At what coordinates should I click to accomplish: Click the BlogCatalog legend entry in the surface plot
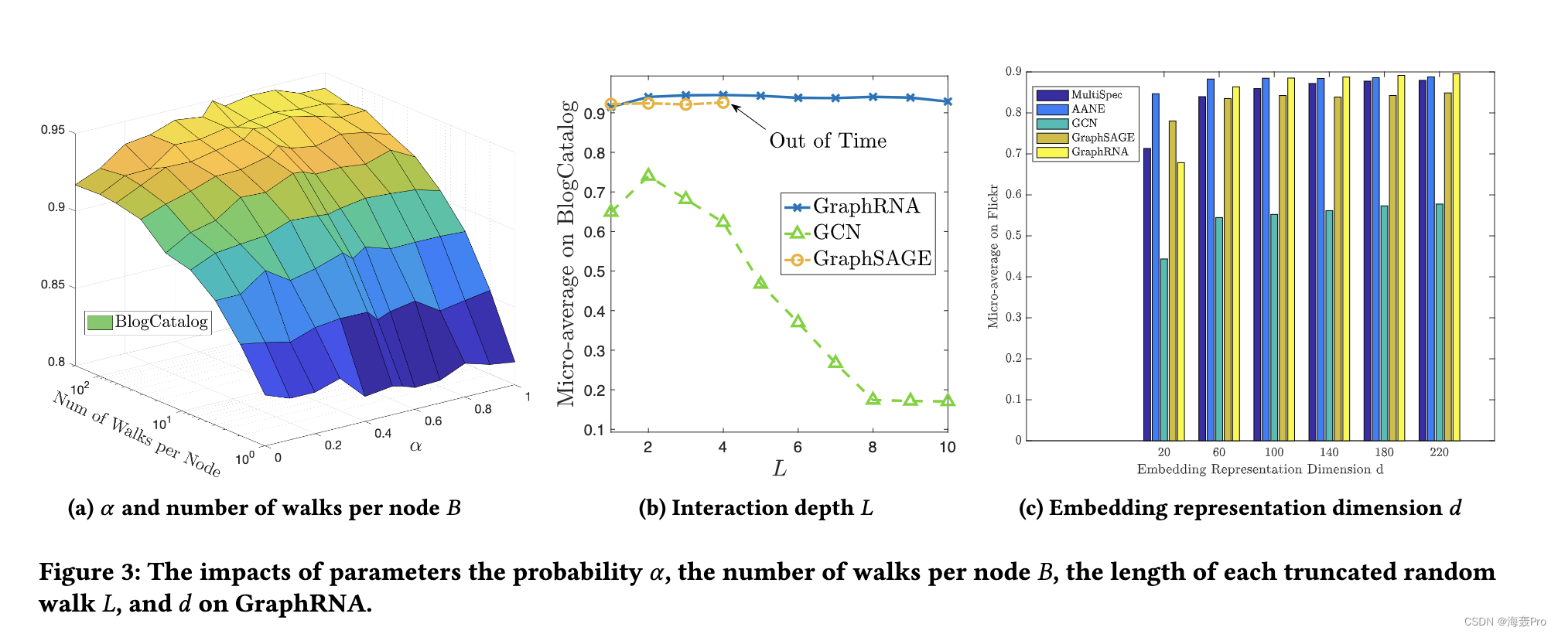click(x=147, y=322)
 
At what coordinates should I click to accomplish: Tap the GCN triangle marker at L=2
click(x=648, y=176)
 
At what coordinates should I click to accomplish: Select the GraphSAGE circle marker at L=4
click(x=723, y=102)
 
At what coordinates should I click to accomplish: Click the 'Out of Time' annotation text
click(x=828, y=141)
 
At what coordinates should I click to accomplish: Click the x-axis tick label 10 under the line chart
click(x=947, y=448)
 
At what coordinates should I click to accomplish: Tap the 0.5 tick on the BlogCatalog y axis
click(x=594, y=271)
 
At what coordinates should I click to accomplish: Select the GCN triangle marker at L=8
click(x=873, y=398)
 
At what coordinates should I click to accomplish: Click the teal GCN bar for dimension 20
click(x=1163, y=349)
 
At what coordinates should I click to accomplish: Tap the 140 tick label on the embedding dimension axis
click(x=1329, y=452)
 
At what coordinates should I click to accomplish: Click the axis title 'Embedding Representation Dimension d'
click(x=1259, y=469)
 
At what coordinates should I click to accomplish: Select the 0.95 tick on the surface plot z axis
click(x=53, y=130)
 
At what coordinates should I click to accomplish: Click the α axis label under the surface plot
click(x=415, y=446)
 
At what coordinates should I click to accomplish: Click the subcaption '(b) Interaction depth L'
click(x=756, y=508)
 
